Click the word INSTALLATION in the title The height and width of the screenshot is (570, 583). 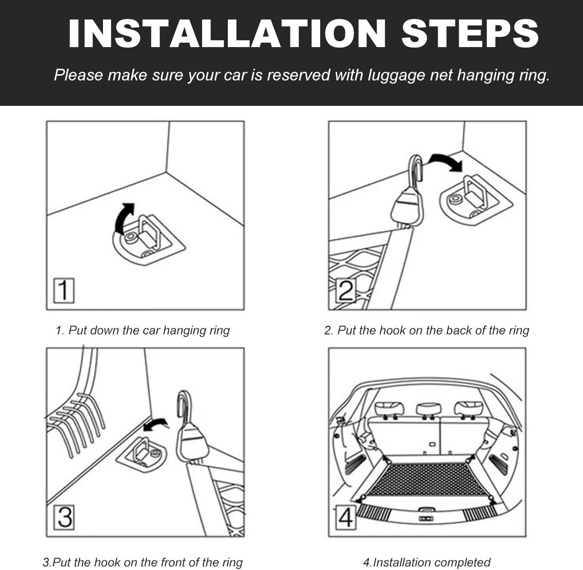click(226, 33)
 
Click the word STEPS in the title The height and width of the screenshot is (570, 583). click(470, 33)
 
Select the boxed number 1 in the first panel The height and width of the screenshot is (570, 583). click(64, 290)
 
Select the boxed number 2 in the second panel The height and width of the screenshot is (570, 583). click(346, 290)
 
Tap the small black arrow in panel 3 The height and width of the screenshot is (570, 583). click(156, 424)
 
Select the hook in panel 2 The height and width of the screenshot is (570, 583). click(416, 168)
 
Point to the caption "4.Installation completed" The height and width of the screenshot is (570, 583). click(427, 563)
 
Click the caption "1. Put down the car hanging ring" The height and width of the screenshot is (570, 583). click(143, 330)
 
